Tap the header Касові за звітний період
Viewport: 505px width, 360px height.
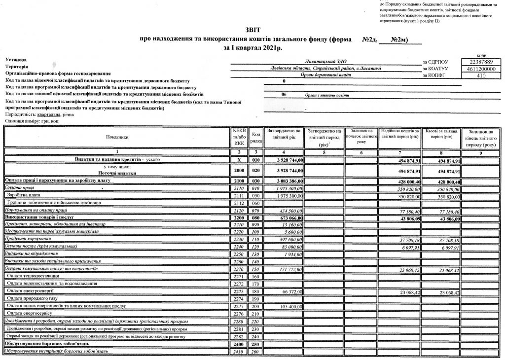click(x=441, y=134)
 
